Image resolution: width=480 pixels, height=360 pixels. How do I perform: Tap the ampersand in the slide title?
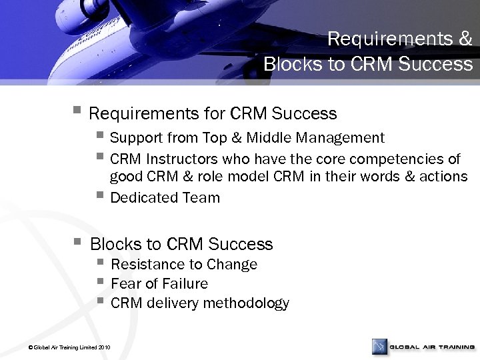pos(465,39)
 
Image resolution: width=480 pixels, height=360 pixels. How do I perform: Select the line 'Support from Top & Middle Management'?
pos(247,138)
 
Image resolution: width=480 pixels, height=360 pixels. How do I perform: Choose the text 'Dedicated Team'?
pos(165,198)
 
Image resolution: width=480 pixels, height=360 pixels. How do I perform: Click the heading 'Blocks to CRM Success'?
pos(181,244)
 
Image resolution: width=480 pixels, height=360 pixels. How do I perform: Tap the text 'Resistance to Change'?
pos(184,265)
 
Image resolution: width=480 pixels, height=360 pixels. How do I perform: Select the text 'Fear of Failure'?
pos(159,284)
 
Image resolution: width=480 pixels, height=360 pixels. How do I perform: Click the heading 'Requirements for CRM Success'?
pos(213,114)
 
